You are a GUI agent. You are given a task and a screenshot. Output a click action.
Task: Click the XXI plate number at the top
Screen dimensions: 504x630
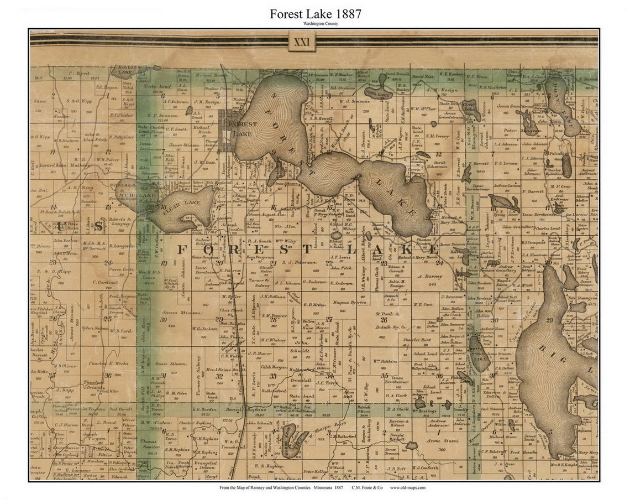(302, 41)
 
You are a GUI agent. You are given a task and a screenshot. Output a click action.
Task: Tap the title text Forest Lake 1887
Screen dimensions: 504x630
(315, 14)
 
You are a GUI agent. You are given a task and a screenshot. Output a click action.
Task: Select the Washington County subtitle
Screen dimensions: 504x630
(315, 24)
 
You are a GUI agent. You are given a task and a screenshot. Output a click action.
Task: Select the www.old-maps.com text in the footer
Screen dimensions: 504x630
(408, 487)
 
